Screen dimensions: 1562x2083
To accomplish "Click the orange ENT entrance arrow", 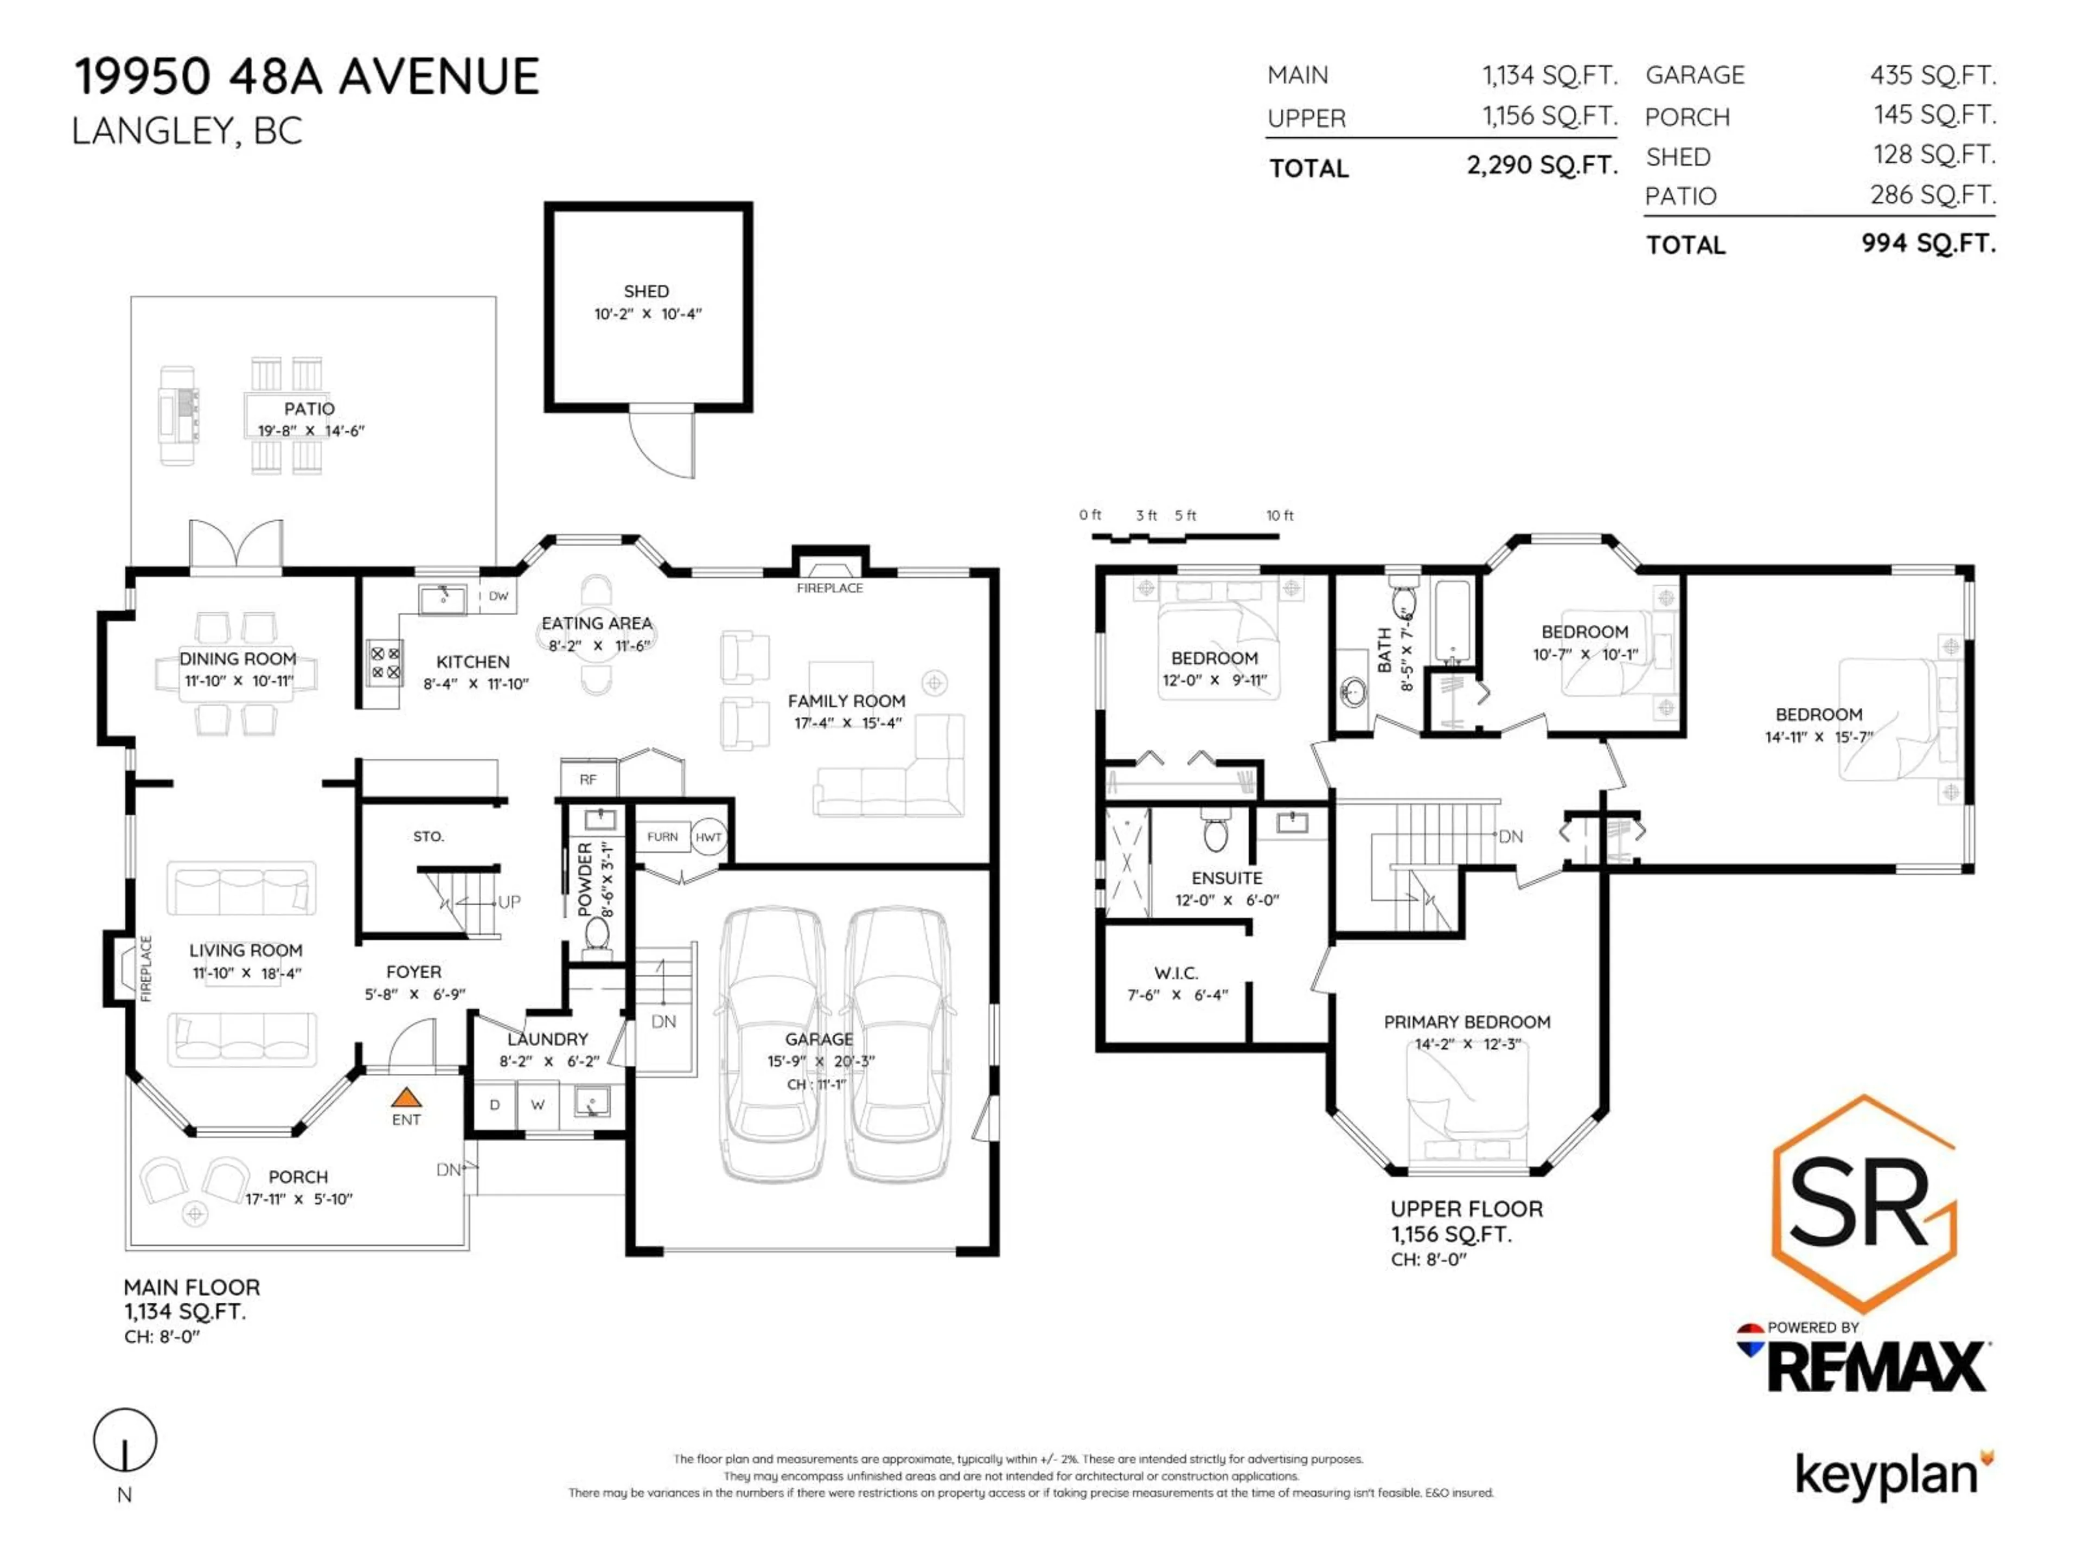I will click(x=406, y=1098).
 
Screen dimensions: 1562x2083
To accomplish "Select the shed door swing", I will click(x=661, y=444).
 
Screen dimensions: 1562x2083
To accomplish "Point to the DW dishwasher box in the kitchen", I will click(x=498, y=596).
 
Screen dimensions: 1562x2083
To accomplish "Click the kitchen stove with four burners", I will click(x=384, y=662).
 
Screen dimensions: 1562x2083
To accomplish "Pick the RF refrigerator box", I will click(x=587, y=779).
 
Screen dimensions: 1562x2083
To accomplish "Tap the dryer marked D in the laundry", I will click(x=494, y=1104).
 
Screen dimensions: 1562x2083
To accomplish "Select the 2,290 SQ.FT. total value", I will click(x=1542, y=166).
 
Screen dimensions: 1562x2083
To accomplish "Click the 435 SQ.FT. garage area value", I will click(x=1932, y=75).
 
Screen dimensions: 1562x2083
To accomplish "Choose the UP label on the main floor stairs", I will click(x=508, y=902).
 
